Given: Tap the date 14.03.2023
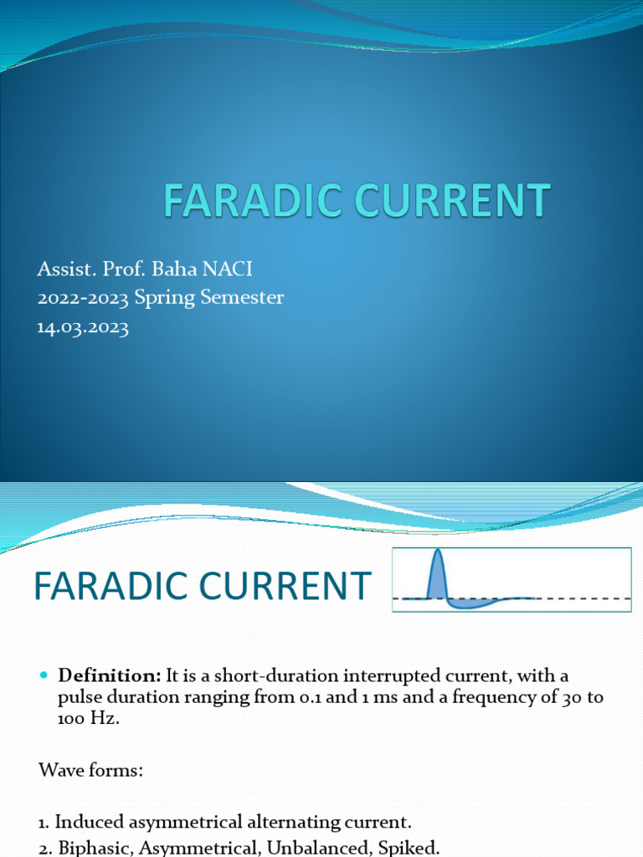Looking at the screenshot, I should (83, 327).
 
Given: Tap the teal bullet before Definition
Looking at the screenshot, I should (45, 675).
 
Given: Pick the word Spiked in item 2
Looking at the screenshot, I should (411, 847).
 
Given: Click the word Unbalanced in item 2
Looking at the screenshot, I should (312, 847).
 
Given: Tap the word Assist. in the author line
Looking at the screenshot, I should (63, 269).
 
